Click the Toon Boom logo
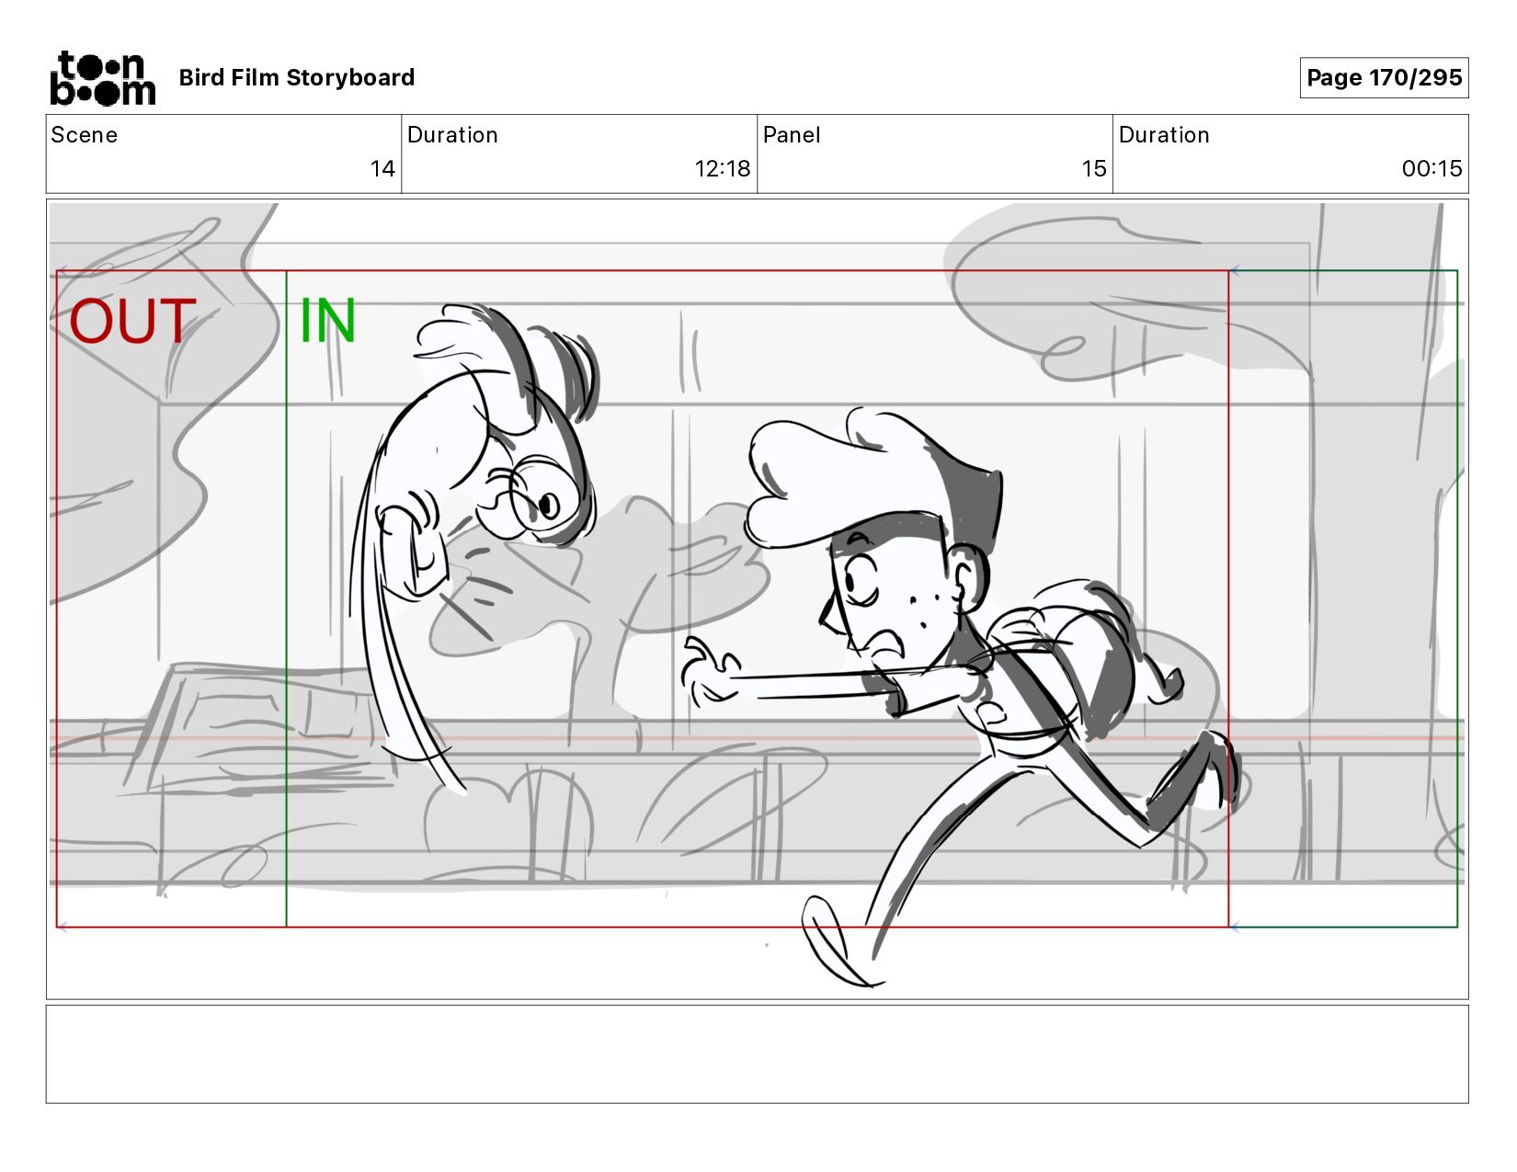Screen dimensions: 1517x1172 coord(103,78)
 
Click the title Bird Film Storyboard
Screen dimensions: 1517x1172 coord(297,77)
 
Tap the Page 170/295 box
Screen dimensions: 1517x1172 coord(1384,77)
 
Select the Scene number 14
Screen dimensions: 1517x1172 coord(382,168)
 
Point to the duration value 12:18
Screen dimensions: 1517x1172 coord(722,168)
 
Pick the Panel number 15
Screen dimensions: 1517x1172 coord(1094,168)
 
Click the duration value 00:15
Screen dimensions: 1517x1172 coord(1431,168)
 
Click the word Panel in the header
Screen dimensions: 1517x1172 coord(792,135)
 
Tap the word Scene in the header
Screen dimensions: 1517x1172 coord(84,135)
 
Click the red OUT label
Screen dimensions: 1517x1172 coord(132,321)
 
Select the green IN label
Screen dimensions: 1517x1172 coord(327,321)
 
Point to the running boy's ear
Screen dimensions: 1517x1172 coord(968,578)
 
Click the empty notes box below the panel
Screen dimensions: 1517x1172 coord(758,1054)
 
